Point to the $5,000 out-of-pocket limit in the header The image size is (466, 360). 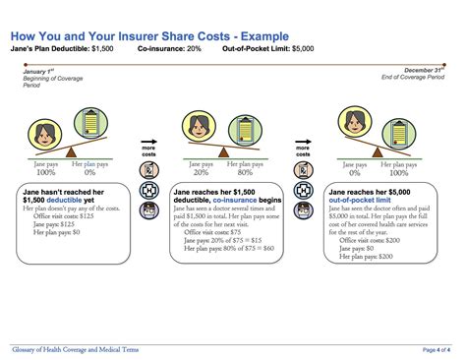[314, 46]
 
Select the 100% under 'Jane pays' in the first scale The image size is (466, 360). [46, 173]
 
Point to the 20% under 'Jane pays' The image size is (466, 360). [200, 173]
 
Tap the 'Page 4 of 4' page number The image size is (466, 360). [437, 349]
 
